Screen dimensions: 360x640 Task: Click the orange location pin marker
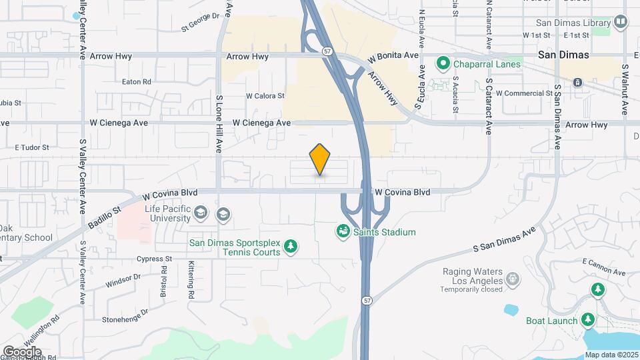pyautogui.click(x=320, y=159)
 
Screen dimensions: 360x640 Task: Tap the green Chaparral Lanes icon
pyautogui.click(x=442, y=64)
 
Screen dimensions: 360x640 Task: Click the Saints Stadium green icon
pyautogui.click(x=343, y=232)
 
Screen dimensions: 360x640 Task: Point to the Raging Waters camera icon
pyautogui.click(x=512, y=277)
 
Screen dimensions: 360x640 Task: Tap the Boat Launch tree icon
pyautogui.click(x=588, y=320)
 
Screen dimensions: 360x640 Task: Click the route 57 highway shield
pyautogui.click(x=327, y=50)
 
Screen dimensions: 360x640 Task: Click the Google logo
pyautogui.click(x=22, y=351)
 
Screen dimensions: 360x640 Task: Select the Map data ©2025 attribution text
pyautogui.click(x=611, y=355)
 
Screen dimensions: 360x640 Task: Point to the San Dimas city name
pyautogui.click(x=564, y=55)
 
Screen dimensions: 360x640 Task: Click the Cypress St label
pyautogui.click(x=154, y=259)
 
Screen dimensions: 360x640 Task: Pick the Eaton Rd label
pyautogui.click(x=137, y=82)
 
